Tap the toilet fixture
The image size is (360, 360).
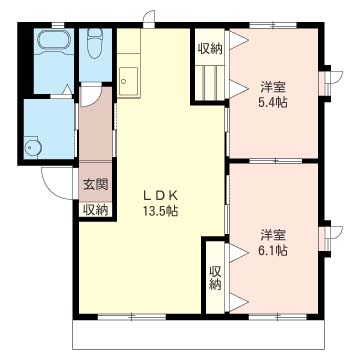click(x=95, y=45)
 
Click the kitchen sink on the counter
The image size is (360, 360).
click(x=128, y=77)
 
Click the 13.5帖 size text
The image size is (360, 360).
click(x=159, y=212)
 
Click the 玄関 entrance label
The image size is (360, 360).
click(x=95, y=185)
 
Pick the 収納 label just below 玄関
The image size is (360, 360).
click(x=95, y=209)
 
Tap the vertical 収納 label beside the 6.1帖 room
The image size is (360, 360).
click(x=215, y=277)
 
